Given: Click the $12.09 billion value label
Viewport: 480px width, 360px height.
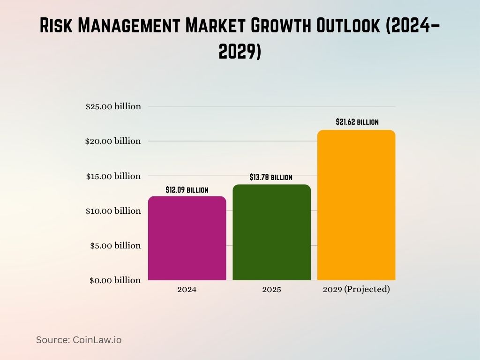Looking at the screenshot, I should click(x=187, y=190).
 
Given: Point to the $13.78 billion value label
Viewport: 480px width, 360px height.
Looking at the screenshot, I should click(x=271, y=177).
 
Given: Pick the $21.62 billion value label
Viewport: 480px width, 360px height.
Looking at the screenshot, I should click(x=357, y=122).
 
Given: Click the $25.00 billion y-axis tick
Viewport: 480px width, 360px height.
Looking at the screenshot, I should click(x=113, y=106).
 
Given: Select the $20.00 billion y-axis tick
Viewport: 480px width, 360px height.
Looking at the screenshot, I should click(x=113, y=141).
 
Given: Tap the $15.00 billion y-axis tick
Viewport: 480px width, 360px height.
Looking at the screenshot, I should click(x=113, y=176).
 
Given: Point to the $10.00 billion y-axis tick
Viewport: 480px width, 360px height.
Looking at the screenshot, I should click(x=113, y=211).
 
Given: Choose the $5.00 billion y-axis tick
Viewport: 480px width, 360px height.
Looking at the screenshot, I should click(x=115, y=246).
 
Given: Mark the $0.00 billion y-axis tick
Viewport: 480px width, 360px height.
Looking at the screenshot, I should click(x=115, y=280).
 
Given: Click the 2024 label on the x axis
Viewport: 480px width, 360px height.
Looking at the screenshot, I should click(x=187, y=290).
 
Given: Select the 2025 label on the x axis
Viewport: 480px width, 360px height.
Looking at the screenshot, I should click(x=271, y=290).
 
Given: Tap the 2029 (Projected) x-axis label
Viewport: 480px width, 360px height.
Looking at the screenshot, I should click(x=356, y=290).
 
